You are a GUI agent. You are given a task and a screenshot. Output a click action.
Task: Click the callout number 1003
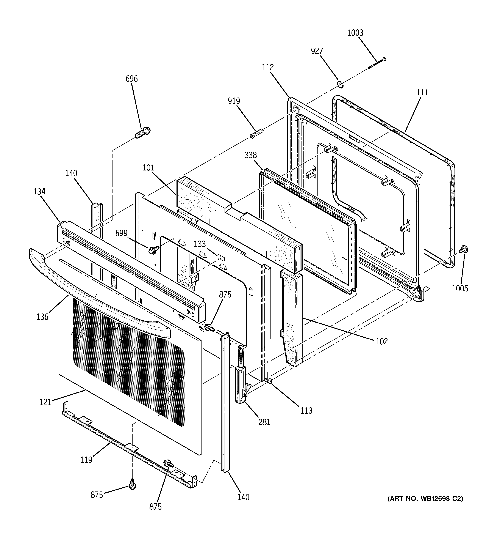coord(355,33)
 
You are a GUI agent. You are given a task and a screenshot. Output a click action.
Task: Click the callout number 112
coord(268,67)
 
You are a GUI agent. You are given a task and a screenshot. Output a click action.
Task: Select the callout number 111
coord(422,92)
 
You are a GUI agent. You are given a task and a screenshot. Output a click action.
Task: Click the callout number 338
coord(250,155)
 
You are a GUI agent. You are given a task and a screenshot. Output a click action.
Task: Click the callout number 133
coord(200,244)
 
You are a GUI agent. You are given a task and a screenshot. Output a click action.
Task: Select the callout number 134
coord(39,192)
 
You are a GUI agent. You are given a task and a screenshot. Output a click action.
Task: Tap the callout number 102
coord(382,341)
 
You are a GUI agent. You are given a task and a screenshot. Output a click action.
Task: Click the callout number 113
coord(306,410)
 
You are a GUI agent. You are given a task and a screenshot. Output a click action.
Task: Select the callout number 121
coord(45,402)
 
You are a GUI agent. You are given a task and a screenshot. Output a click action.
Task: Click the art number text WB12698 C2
coord(425,499)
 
